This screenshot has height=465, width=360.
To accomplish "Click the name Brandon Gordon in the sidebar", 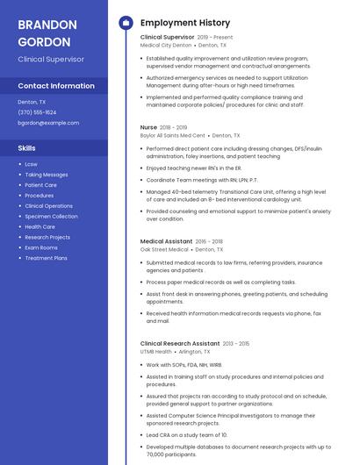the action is click(47, 32).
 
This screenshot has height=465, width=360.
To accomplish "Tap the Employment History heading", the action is click(184, 23).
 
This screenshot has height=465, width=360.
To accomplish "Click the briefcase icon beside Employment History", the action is click(126, 23).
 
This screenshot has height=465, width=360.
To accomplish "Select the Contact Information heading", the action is click(56, 86).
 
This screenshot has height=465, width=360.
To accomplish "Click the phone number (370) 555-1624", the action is click(37, 112).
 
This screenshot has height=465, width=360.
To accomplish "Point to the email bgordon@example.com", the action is click(48, 123).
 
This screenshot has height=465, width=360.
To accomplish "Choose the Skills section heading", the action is click(27, 148).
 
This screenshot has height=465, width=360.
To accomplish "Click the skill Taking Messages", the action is click(46, 175).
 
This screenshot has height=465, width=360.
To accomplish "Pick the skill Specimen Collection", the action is click(51, 217).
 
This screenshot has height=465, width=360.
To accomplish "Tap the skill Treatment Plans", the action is click(46, 258).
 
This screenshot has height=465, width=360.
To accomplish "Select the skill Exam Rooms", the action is click(41, 247).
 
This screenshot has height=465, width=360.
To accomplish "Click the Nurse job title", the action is click(148, 127).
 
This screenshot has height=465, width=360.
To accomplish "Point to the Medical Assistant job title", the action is click(166, 241).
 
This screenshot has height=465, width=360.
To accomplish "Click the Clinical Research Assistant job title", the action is click(180, 344).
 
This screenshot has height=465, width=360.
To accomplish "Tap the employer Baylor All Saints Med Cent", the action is click(172, 136).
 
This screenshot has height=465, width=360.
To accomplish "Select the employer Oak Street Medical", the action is click(164, 250).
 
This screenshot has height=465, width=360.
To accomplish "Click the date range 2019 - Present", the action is click(215, 38).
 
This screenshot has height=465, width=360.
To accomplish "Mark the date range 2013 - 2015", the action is click(236, 344).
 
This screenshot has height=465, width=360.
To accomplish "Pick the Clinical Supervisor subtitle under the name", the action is click(51, 59).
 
